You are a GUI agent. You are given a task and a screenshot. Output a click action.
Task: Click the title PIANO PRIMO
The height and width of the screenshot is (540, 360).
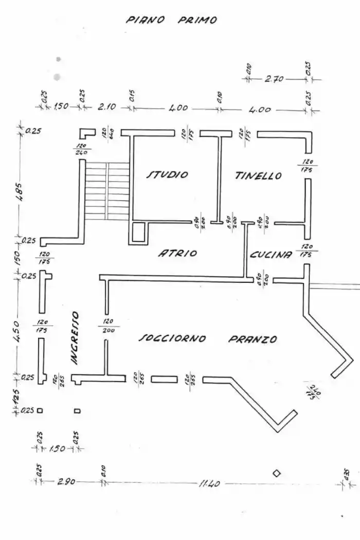coord(172,20)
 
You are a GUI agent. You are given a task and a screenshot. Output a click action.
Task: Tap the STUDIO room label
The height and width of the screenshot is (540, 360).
coord(168,175)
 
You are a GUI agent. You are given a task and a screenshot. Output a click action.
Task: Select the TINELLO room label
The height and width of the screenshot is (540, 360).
coord(259,176)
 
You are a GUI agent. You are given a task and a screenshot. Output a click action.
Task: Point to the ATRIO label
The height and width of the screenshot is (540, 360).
coord(177,253)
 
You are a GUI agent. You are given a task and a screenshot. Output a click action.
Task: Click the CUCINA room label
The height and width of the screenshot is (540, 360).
coord(272,255)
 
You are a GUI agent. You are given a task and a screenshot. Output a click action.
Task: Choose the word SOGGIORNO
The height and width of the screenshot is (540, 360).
coord(173,338)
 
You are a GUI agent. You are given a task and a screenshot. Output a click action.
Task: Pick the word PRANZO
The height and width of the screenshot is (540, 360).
coord(253,339)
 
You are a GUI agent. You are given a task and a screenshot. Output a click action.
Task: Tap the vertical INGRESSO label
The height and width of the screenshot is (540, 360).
coord(75,338)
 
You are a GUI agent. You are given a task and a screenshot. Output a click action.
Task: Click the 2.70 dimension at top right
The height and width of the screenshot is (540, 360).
coord(274,79)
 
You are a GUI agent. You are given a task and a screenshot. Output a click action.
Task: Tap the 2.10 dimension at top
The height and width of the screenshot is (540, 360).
coord(107,107)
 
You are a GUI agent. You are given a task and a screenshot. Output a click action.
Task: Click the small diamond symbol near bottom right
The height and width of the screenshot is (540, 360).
coord(277,473)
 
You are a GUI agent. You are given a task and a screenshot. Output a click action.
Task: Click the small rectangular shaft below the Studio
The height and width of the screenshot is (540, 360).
coord(139,232)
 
